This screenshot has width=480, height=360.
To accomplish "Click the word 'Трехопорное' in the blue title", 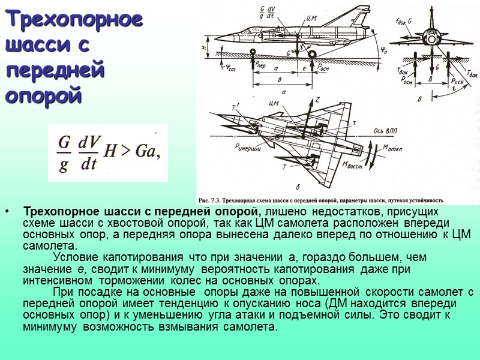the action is click(x=74, y=20).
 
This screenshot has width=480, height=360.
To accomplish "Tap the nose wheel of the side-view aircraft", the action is click(x=254, y=52).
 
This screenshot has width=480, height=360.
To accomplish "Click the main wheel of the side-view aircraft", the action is click(x=312, y=53).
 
